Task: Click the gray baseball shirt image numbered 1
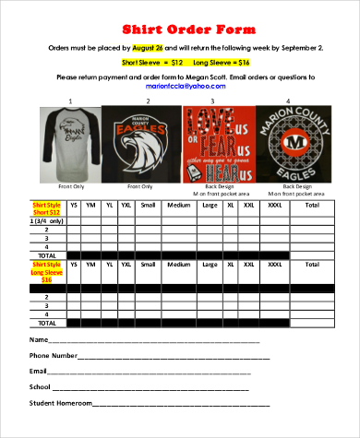coord(70,142)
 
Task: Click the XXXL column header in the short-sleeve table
coord(275,205)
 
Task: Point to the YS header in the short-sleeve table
coord(74,205)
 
